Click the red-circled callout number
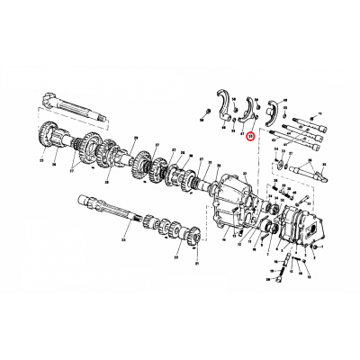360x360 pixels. pyautogui.click(x=252, y=138)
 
